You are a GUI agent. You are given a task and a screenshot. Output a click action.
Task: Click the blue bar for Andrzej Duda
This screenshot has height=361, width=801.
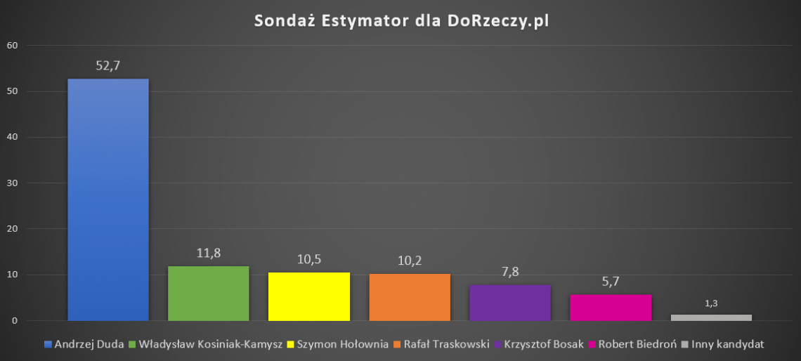click(x=108, y=199)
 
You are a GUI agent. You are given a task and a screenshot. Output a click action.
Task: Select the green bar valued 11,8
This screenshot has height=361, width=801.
click(x=209, y=294)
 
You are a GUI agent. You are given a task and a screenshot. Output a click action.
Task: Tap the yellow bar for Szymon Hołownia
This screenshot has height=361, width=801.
click(x=309, y=296)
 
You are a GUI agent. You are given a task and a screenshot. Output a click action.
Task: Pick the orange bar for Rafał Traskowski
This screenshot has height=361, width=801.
click(x=410, y=297)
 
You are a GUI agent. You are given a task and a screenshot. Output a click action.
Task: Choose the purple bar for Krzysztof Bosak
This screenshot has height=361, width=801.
click(x=510, y=303)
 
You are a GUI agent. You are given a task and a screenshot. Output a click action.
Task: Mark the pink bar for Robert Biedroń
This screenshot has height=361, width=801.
click(x=611, y=308)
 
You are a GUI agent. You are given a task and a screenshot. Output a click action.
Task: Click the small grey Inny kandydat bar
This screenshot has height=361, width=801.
click(x=711, y=317)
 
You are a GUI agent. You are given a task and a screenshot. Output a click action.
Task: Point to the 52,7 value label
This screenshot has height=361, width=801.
click(x=108, y=66)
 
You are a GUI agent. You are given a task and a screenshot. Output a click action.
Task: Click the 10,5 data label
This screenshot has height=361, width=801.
click(x=309, y=259)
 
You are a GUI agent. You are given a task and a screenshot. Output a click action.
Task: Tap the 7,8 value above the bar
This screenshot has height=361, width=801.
click(x=510, y=272)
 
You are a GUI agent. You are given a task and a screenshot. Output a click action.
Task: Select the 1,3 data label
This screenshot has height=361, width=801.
click(x=711, y=303)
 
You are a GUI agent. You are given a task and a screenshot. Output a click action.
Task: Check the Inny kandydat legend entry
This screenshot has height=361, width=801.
click(x=727, y=344)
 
